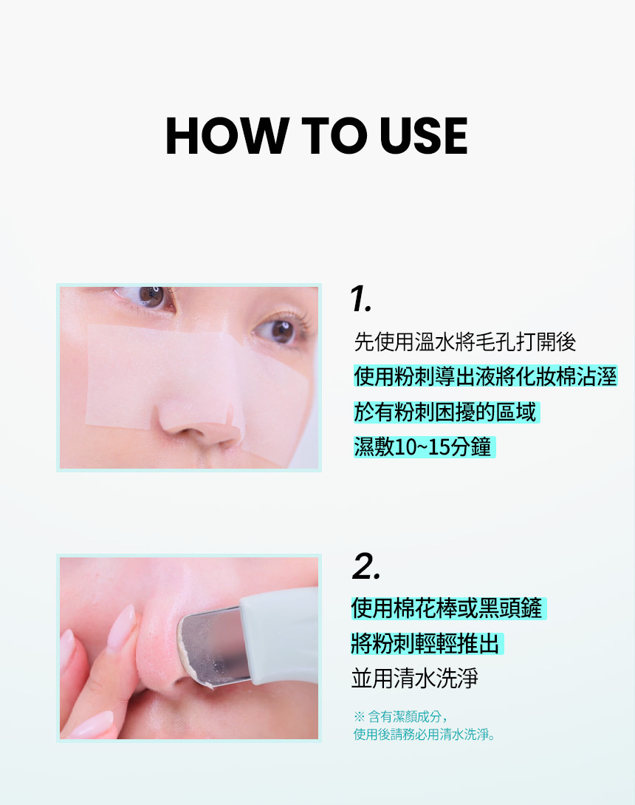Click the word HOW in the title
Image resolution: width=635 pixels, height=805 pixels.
[x=226, y=135]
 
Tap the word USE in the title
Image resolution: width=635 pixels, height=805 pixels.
[x=424, y=135]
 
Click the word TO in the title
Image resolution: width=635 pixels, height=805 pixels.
[x=334, y=135]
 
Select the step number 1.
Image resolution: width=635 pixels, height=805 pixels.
[x=360, y=299]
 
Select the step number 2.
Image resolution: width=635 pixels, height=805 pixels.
[x=366, y=567]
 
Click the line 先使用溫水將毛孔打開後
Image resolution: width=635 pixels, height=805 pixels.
[x=465, y=342]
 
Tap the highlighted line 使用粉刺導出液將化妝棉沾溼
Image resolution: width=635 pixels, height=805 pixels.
[x=485, y=376]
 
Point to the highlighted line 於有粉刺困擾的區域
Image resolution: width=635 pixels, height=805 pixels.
[x=445, y=412]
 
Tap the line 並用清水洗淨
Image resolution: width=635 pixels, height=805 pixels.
[x=414, y=678]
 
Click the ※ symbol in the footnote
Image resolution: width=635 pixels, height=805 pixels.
[x=359, y=716]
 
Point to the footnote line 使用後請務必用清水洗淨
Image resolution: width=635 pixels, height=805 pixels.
[x=425, y=735]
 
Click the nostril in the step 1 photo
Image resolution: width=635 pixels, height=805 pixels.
[x=187, y=431]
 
